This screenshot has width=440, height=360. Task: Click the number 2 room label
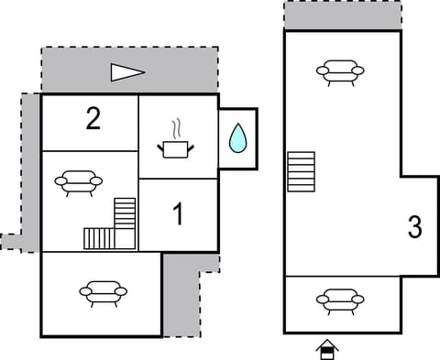93,119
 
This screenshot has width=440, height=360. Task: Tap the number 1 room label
178,214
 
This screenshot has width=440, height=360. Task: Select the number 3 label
415,227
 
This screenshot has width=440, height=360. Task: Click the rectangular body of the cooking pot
177,148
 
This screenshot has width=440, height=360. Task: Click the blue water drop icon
237,138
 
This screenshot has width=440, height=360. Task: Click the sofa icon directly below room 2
79,182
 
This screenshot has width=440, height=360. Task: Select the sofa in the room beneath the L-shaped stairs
103,293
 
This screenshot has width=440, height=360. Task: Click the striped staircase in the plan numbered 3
301,171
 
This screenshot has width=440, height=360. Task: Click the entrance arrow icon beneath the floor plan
326,348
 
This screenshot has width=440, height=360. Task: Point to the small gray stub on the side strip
9,242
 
